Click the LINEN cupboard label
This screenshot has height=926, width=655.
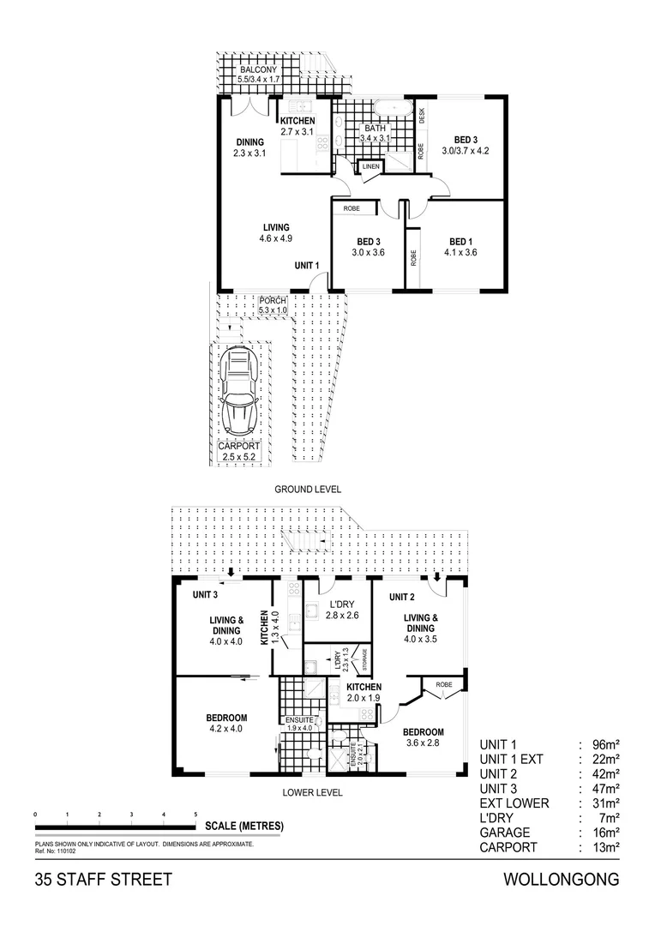pyautogui.click(x=370, y=166)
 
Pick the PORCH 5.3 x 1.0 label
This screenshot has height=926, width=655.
pyautogui.click(x=273, y=304)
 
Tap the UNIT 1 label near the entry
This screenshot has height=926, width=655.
pyautogui.click(x=307, y=266)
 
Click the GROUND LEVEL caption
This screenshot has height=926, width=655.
pyautogui.click(x=308, y=490)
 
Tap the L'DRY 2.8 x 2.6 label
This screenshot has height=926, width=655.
pyautogui.click(x=336, y=608)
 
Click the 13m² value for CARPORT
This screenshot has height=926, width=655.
pyautogui.click(x=606, y=847)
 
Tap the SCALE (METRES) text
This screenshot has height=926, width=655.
pyautogui.click(x=244, y=827)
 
